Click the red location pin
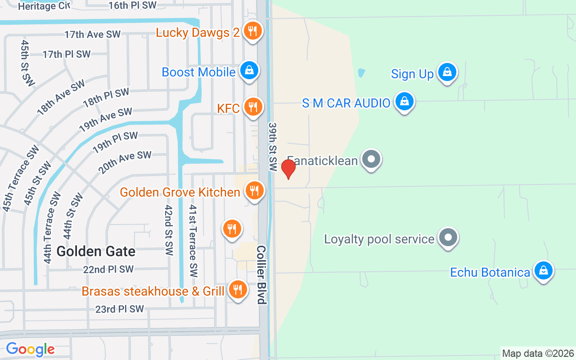click(288, 169)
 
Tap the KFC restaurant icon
click(253, 107)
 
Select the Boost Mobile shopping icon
click(248, 71)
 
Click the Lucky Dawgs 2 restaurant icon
click(253, 31)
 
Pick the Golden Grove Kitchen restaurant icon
click(254, 191)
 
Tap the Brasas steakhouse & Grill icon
click(237, 289)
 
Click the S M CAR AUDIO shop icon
click(404, 102)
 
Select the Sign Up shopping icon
click(447, 72)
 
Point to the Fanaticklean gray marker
click(371, 159)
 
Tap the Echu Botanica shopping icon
click(543, 271)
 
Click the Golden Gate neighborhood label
click(96, 251)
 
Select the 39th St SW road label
click(273, 146)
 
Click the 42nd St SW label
click(169, 230)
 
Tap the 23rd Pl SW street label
click(119, 309)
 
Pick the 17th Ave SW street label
click(92, 35)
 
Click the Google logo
click(30, 349)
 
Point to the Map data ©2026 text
click(538, 354)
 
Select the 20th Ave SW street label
click(125, 162)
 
